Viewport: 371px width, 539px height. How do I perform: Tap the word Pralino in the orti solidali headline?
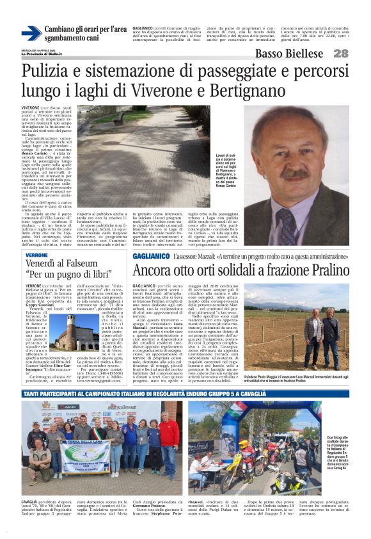pyautogui.click(x=306, y=271)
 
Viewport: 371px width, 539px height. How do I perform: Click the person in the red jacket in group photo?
pyautogui.click(x=170, y=441)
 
